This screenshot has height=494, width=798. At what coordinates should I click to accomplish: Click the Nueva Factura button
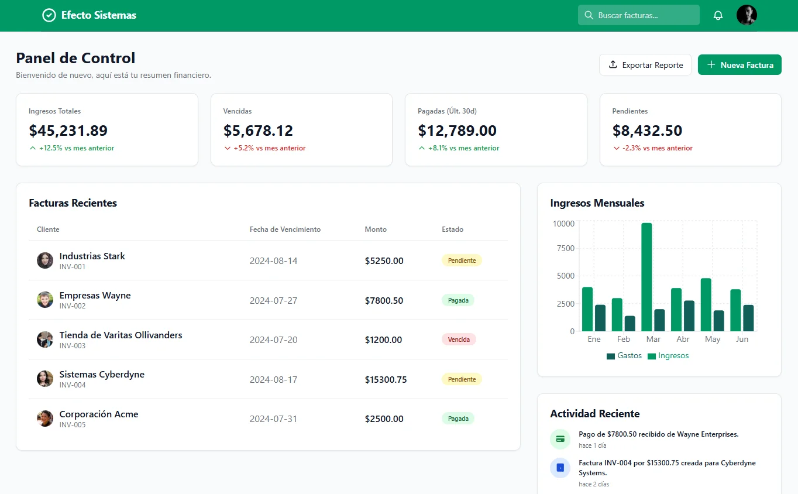tap(739, 65)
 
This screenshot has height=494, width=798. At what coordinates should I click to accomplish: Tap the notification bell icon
tap(718, 15)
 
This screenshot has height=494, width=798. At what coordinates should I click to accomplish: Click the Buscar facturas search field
tap(639, 15)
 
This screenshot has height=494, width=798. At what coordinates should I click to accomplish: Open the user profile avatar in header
tap(747, 15)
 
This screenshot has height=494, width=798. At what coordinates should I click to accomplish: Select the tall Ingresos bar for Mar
tap(646, 277)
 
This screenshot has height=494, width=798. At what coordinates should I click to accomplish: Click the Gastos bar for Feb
tap(630, 324)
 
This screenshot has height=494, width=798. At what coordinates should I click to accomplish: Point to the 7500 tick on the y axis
tap(563, 248)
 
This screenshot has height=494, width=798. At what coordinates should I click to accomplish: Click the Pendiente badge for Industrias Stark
tap(462, 260)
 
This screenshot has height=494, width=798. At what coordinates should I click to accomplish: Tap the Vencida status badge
tap(459, 339)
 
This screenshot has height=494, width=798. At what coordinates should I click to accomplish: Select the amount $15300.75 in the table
tap(386, 380)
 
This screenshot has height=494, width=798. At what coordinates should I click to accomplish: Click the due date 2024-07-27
tap(273, 301)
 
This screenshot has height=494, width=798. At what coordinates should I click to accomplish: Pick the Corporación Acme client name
tap(99, 414)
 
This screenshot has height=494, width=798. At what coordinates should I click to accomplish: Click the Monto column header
tap(376, 229)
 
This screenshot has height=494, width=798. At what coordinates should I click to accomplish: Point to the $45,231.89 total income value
tap(68, 131)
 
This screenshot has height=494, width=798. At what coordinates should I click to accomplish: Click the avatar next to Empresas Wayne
tap(45, 300)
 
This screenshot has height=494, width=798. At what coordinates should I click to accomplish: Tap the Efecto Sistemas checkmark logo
tap(49, 15)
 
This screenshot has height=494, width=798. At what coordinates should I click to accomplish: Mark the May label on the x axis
tap(713, 339)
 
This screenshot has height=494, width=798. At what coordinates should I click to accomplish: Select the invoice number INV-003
tap(73, 346)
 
